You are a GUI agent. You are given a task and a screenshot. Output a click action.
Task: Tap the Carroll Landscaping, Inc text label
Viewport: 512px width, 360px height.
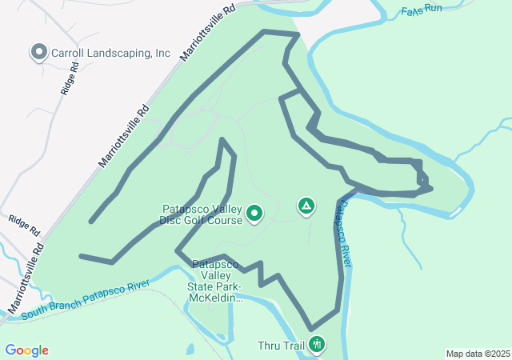coord(111,54)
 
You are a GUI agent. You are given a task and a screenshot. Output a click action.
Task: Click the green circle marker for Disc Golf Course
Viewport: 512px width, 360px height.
coord(254,213)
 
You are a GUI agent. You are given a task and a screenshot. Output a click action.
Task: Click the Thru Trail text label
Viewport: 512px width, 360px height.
coord(281,346)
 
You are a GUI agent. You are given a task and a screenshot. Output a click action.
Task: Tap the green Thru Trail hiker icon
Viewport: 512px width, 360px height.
coord(318,345)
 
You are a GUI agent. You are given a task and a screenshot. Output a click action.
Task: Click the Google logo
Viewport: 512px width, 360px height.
coord(26,350)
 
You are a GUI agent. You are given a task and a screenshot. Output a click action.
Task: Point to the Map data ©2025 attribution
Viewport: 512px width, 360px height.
coord(478,354)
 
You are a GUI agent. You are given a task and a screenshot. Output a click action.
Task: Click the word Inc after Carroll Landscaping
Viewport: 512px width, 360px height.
coord(162,54)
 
